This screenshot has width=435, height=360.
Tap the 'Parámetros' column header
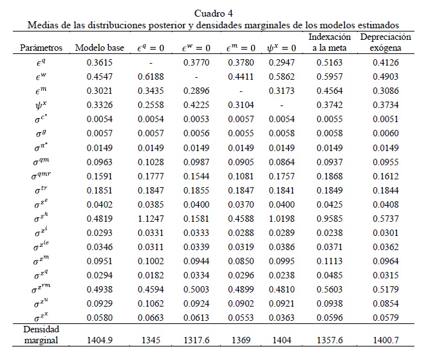[x=41, y=48]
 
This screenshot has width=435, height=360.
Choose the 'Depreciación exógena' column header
[x=385, y=42]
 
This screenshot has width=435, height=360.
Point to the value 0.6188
[x=151, y=76]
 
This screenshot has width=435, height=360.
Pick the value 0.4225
[x=196, y=105]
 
